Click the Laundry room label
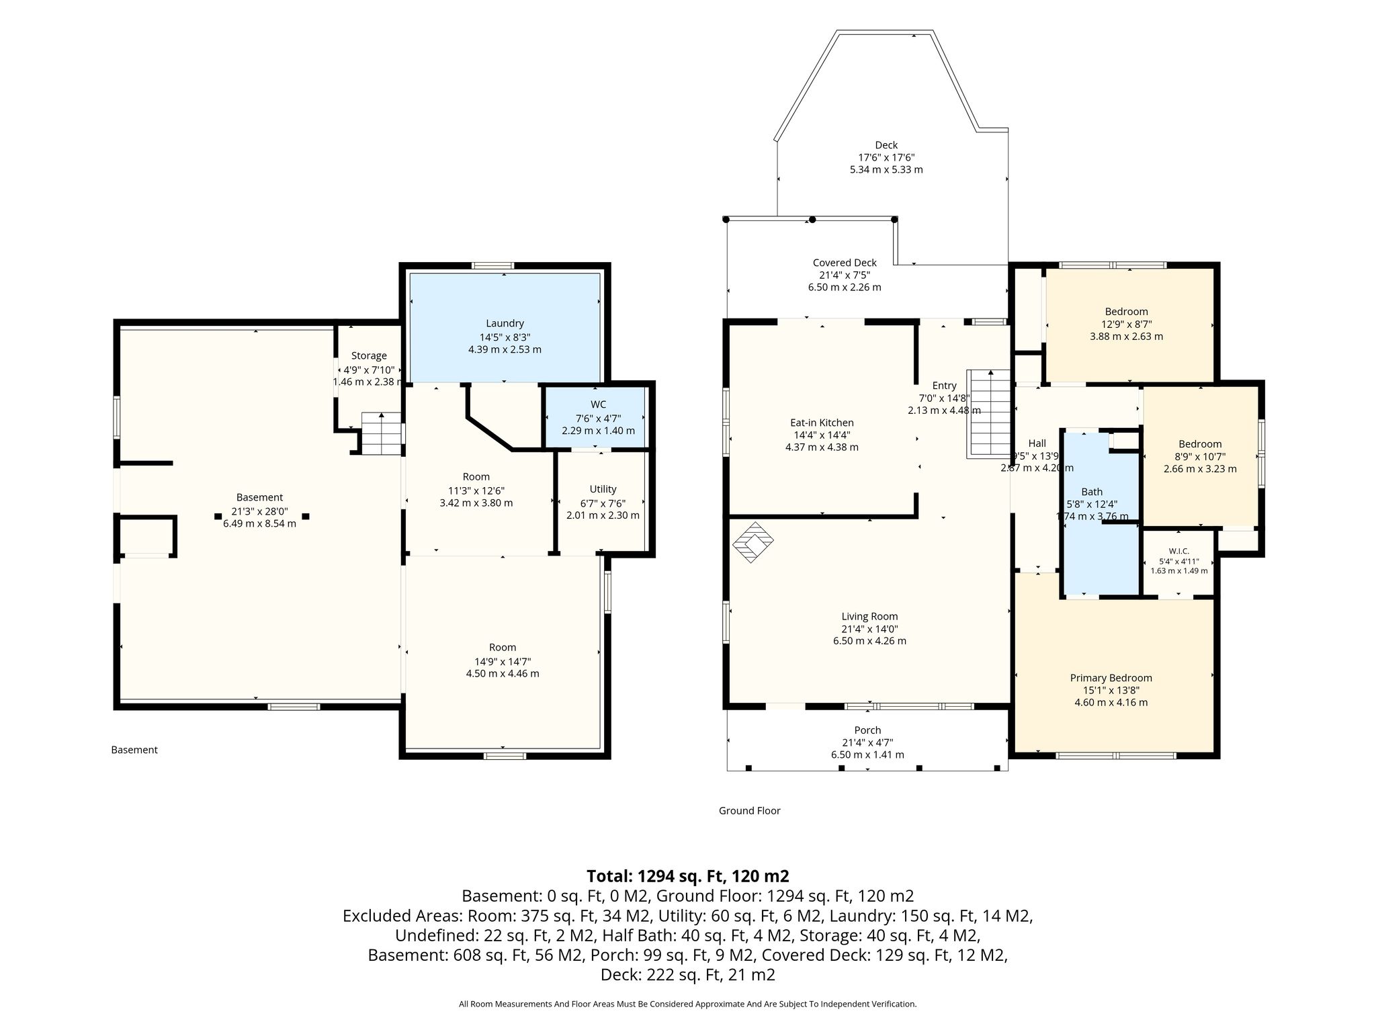[505, 323]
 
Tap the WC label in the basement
[598, 404]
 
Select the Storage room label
[369, 356]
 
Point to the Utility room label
[603, 489]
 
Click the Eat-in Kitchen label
[822, 423]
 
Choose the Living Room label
[869, 616]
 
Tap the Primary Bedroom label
[1111, 678]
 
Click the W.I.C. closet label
[1178, 551]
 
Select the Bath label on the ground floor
[1092, 492]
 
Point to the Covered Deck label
[845, 263]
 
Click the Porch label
[867, 730]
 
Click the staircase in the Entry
[989, 414]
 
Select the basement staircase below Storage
[382, 433]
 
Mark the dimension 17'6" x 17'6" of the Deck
[886, 157]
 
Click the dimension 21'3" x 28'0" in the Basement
[259, 511]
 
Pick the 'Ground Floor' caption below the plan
[749, 811]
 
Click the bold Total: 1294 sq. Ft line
[688, 876]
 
